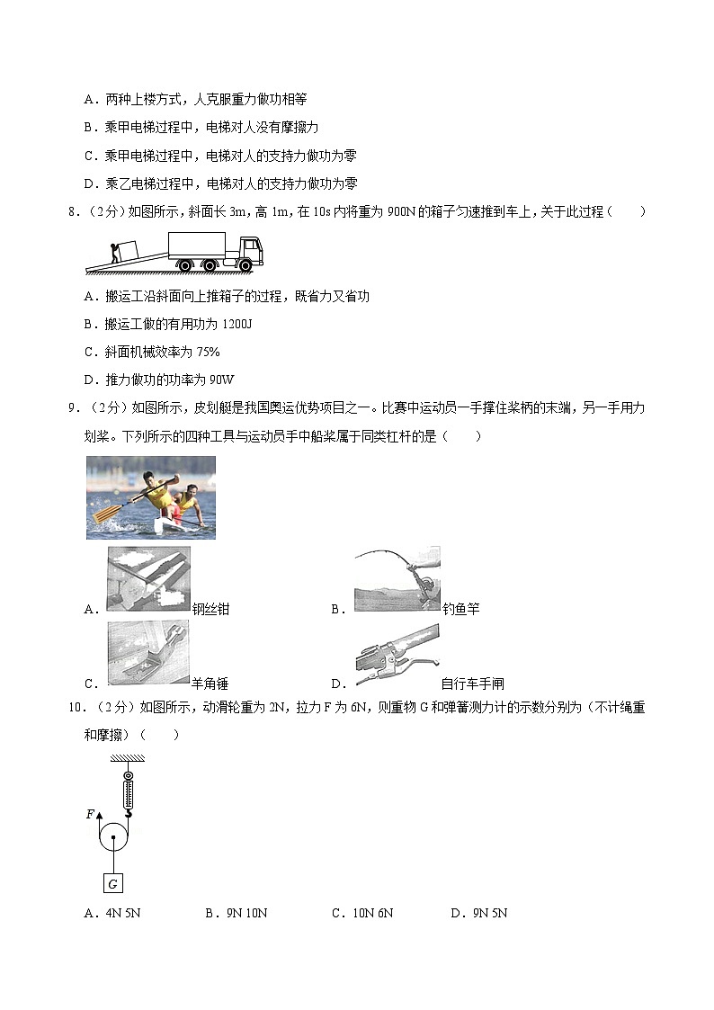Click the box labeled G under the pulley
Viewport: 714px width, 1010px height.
[x=113, y=883]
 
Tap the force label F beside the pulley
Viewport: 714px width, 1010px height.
[x=90, y=814]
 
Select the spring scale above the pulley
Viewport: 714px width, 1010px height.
[x=129, y=789]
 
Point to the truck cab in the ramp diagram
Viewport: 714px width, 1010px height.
[x=248, y=249]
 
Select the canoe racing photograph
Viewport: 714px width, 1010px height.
[x=151, y=497]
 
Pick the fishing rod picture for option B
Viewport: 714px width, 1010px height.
[x=397, y=579]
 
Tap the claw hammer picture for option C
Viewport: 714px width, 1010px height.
[x=148, y=653]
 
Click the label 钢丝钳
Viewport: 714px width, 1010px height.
[x=211, y=610]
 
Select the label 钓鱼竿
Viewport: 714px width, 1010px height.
[x=460, y=610]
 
